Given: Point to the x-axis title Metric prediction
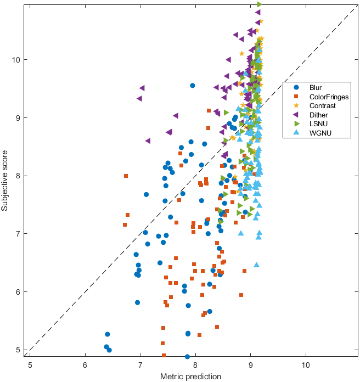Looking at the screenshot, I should coord(190,377).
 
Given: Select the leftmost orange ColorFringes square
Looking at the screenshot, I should coord(126,176).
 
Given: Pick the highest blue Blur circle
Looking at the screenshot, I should coord(192,86).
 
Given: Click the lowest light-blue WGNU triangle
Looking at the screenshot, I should coord(256,265).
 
